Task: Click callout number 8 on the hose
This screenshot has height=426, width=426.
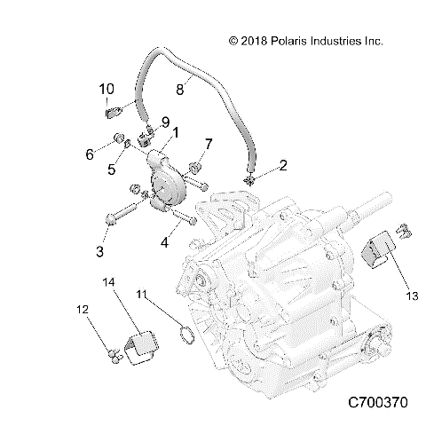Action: [x=180, y=89]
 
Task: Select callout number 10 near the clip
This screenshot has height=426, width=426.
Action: [x=106, y=89]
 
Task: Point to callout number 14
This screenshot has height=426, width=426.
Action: [x=108, y=282]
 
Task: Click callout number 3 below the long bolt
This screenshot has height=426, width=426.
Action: [x=100, y=251]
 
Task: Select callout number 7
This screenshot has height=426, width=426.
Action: [x=209, y=144]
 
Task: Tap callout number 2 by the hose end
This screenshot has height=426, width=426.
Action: [x=258, y=165]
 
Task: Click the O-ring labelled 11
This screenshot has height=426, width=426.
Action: [x=185, y=335]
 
